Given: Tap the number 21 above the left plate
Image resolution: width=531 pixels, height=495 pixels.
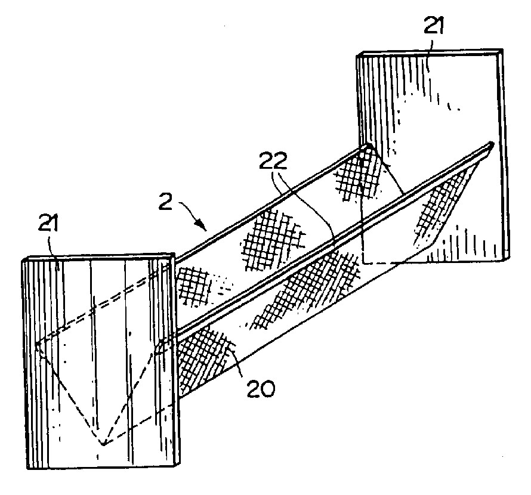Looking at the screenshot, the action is click(x=48, y=223).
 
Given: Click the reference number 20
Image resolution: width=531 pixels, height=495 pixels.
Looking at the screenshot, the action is click(x=260, y=389).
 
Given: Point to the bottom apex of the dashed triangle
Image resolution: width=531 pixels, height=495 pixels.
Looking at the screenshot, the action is click(x=103, y=444).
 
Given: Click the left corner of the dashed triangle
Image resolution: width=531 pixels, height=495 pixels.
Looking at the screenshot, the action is click(x=36, y=344).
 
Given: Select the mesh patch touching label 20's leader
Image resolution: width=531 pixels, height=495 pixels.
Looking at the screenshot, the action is click(x=203, y=359).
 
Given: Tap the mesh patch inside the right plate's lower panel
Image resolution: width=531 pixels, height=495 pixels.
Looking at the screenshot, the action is click(x=439, y=208).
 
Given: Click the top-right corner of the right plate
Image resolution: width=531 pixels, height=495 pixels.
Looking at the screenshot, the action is click(x=502, y=49).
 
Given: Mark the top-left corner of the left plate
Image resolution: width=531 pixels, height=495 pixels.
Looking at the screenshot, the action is click(x=22, y=260).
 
